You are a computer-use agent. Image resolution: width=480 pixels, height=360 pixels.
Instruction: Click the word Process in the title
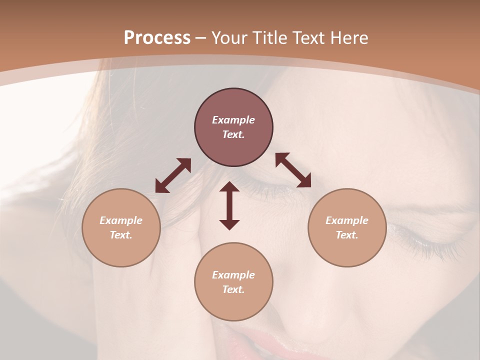[157, 38]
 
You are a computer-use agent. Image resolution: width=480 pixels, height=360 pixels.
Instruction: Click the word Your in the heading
[229, 38]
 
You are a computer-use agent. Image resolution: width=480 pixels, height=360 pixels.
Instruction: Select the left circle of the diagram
[121, 227]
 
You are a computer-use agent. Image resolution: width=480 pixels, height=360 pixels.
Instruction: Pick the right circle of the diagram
[347, 227]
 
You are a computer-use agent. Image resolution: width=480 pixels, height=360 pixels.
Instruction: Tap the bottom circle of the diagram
[233, 281]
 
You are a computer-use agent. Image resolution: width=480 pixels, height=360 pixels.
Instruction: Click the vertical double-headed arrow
[229, 205]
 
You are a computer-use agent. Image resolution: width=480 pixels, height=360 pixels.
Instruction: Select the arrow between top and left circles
[173, 175]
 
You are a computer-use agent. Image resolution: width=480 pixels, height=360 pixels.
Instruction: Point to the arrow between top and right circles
[293, 170]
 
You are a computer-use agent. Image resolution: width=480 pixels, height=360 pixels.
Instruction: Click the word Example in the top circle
[233, 120]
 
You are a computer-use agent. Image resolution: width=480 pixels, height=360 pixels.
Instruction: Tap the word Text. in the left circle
[121, 235]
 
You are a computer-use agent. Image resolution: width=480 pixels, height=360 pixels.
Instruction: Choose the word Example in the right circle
[347, 220]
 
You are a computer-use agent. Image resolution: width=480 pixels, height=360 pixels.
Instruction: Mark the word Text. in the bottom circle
[233, 289]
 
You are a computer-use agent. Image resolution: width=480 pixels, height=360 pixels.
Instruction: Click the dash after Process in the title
[201, 38]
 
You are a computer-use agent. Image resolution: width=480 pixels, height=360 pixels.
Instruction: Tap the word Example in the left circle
[121, 220]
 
